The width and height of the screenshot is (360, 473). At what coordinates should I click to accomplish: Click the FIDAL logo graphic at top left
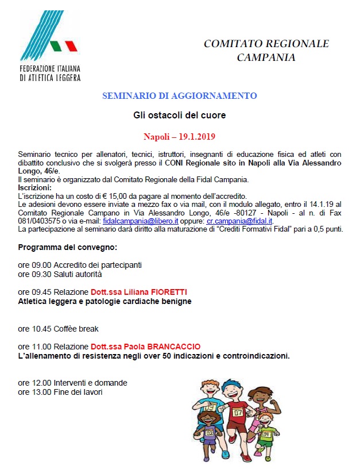(48, 40)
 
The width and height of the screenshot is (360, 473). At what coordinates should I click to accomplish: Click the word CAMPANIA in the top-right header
(266, 57)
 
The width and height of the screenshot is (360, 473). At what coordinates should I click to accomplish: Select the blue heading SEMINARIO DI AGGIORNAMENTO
(179, 96)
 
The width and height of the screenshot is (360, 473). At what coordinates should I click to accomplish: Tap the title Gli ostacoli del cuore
(179, 115)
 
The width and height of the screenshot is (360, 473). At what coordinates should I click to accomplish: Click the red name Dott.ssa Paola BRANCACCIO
(145, 347)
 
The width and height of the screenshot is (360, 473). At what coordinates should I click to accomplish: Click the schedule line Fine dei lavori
(78, 392)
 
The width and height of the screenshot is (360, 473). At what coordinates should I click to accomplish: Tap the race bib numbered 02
(210, 433)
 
